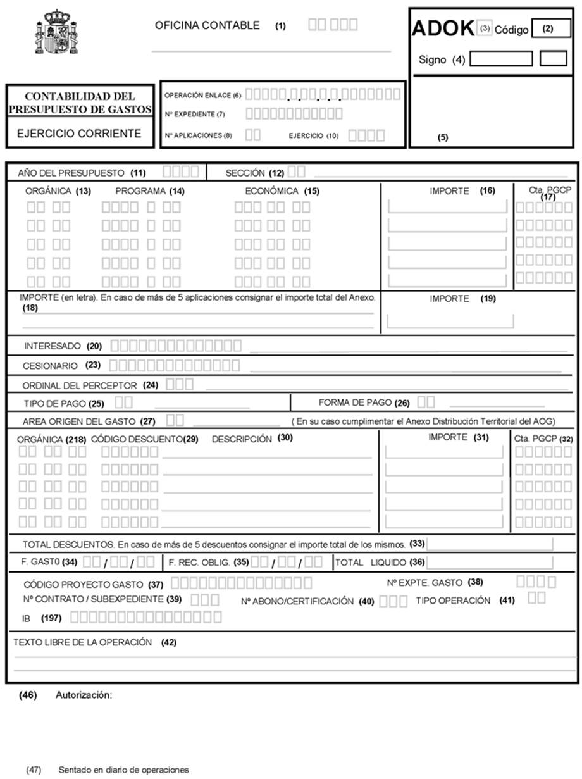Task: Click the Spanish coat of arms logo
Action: click(x=55, y=32)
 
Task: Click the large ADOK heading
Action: click(x=443, y=28)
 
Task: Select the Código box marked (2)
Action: click(x=548, y=28)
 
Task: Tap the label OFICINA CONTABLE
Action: click(x=207, y=26)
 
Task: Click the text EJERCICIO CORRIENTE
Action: click(x=79, y=134)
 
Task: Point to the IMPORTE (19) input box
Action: click(x=450, y=320)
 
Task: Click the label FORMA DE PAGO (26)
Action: click(x=364, y=402)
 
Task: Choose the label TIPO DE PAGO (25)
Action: click(x=64, y=403)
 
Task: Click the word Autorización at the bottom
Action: click(x=84, y=695)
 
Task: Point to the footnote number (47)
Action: click(x=34, y=770)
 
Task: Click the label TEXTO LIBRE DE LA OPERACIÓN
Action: click(x=95, y=642)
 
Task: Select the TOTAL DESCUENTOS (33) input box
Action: click(x=490, y=544)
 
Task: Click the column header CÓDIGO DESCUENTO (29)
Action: click(x=143, y=439)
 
